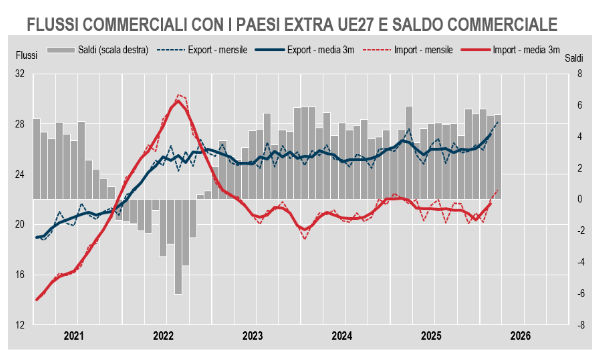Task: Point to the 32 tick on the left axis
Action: (x=20, y=74)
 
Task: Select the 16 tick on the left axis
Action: (x=20, y=275)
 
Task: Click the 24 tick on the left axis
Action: (x=20, y=174)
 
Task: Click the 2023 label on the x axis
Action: (x=253, y=337)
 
